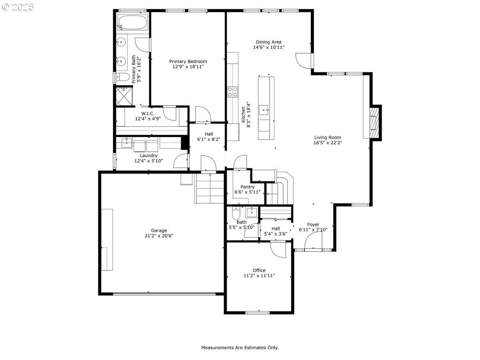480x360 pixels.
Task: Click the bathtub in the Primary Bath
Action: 132,22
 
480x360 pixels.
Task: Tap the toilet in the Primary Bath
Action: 122,77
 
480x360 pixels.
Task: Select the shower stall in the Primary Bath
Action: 124,96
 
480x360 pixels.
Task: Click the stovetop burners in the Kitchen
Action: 232,92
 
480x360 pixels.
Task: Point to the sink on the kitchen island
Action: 264,110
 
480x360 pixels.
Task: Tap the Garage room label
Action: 159,230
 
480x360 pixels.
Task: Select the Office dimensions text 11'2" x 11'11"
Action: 259,276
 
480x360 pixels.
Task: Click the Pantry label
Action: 248,187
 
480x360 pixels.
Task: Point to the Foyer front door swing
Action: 313,240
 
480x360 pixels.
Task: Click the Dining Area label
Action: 269,42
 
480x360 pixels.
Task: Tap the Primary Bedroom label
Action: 188,62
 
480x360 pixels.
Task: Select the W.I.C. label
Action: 148,114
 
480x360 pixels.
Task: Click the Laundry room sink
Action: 127,143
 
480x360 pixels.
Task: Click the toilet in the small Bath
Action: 236,213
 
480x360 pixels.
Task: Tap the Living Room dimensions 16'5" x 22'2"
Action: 328,143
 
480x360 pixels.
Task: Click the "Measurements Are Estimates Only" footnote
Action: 240,348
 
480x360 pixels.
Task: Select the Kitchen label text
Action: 243,114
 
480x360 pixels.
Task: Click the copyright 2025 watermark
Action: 18,7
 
